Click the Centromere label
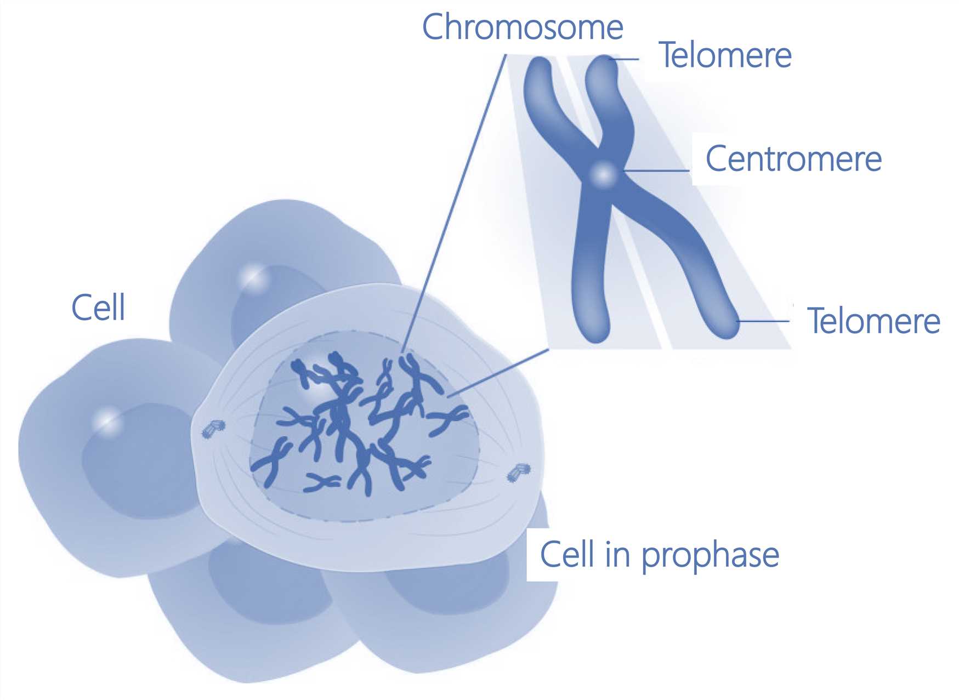tap(793, 159)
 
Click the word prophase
tap(710, 556)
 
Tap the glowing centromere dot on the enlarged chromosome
tap(604, 175)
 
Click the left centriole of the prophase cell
tap(213, 428)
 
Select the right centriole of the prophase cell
tap(519, 473)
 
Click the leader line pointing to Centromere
tap(656, 170)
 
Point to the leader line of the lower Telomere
tap(763, 321)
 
